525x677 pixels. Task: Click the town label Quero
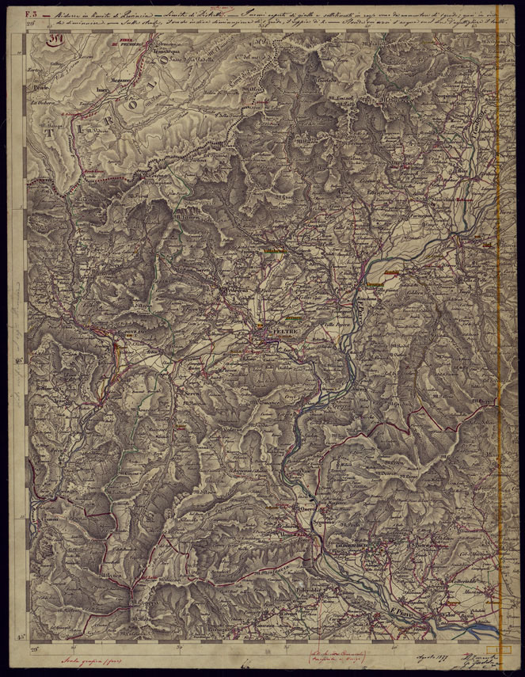tap(306, 508)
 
